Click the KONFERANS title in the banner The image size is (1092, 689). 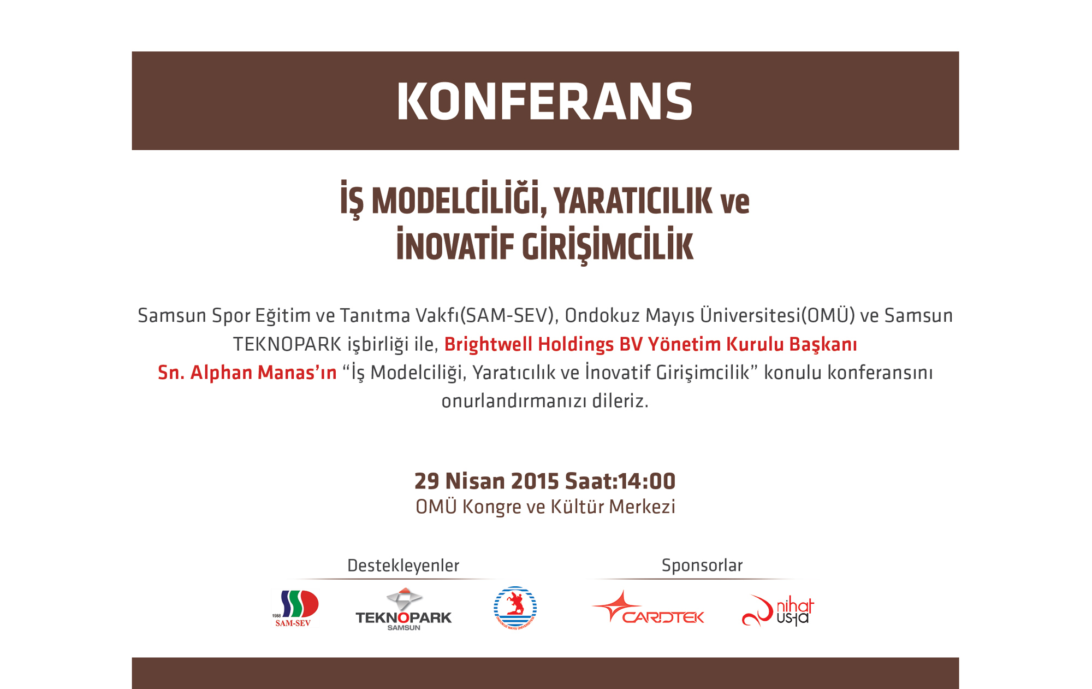click(544, 102)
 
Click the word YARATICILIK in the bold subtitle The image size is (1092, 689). click(633, 201)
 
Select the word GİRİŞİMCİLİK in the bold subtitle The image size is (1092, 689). click(607, 246)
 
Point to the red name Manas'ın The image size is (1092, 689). click(297, 373)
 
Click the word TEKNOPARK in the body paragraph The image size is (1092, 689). click(287, 345)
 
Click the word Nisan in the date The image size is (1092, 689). click(475, 481)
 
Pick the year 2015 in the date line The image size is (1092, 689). click(535, 481)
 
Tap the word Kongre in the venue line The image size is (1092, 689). click(491, 507)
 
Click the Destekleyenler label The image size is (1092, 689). click(403, 566)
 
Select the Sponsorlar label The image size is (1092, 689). click(702, 566)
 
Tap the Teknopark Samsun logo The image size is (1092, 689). click(403, 609)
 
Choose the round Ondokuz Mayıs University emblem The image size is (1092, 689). click(515, 608)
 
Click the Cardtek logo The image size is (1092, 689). click(648, 607)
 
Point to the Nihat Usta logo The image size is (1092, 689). click(778, 610)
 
